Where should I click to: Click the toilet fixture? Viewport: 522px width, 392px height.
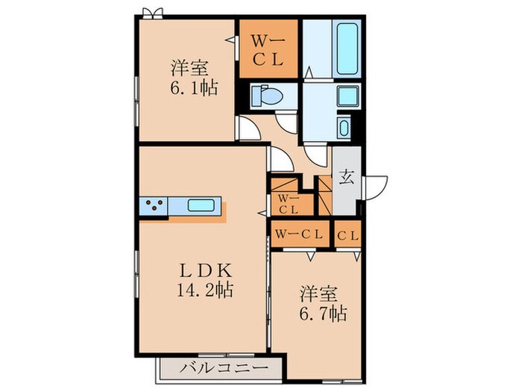click(x=265, y=96)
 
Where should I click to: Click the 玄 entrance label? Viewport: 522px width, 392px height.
click(x=347, y=178)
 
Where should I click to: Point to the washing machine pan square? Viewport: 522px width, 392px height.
click(x=348, y=96)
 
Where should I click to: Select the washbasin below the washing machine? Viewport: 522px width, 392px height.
click(x=345, y=127)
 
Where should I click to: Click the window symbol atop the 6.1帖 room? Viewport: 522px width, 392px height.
click(x=153, y=12)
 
